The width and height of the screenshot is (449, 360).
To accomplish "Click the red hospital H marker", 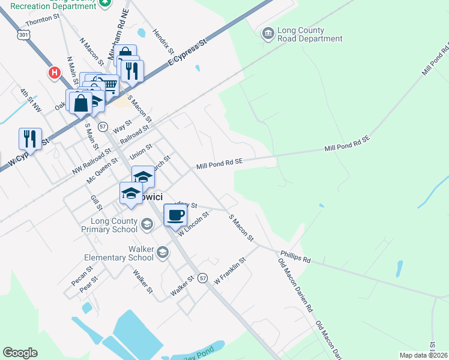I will [54, 73].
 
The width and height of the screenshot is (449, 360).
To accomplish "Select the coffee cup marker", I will [175, 215].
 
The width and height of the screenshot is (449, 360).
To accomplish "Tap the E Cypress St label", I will [187, 53].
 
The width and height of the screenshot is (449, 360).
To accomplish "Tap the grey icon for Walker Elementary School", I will [161, 253].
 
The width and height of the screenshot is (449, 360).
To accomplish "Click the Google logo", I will [20, 353].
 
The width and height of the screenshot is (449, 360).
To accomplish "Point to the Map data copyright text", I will [423, 355].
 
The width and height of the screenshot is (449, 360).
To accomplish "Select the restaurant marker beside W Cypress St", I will [30, 139].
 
